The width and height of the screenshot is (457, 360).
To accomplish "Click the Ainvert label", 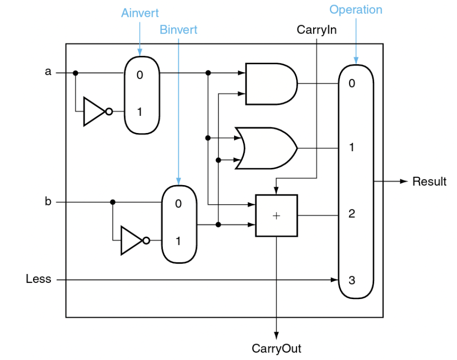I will [x=140, y=13].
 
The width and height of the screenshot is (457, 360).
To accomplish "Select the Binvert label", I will [x=178, y=30].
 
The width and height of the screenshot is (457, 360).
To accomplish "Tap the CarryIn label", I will [x=316, y=30].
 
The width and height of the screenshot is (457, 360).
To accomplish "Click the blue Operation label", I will [x=356, y=10].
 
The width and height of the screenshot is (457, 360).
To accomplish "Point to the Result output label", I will [x=429, y=181].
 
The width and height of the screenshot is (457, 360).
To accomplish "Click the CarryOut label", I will [x=276, y=348].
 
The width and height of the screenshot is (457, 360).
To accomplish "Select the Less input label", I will [x=39, y=280].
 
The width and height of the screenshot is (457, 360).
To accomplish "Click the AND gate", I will [x=270, y=84].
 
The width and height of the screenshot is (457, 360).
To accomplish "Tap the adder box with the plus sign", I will [x=276, y=216].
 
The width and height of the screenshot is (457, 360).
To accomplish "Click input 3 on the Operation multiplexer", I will [x=352, y=280].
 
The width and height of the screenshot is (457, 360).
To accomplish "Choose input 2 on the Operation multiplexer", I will [x=352, y=214].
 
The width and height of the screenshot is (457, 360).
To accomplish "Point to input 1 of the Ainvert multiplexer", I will [x=140, y=112].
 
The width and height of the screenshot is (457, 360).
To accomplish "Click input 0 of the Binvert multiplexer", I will [x=178, y=203].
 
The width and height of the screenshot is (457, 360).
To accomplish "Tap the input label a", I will [x=48, y=73].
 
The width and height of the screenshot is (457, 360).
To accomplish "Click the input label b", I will [x=48, y=202].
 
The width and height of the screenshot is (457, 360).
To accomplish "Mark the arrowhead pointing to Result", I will [x=404, y=181].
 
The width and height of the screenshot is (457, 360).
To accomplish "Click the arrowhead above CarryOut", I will [x=276, y=334].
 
